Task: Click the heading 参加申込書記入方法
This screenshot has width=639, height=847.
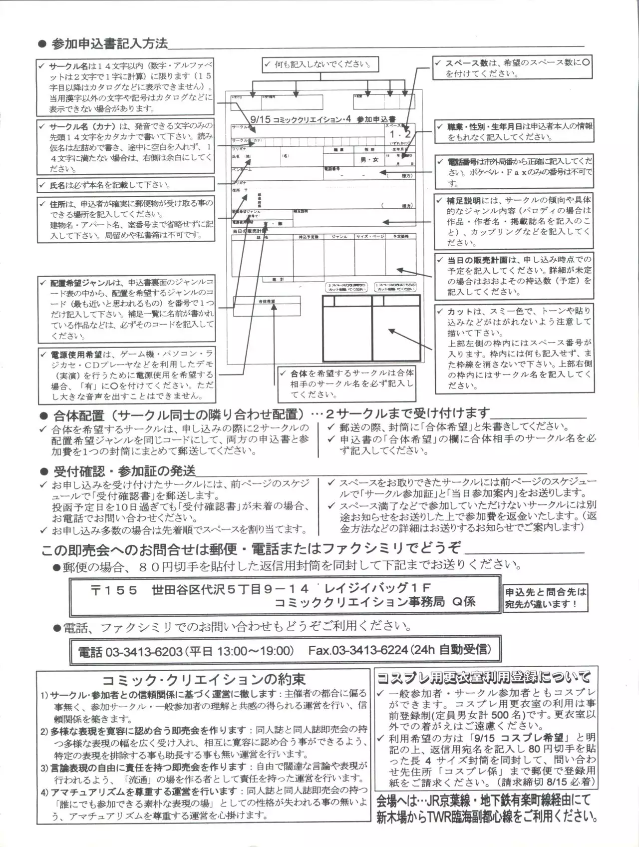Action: coord(109,44)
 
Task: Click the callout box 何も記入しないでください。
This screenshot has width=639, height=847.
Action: coord(319,64)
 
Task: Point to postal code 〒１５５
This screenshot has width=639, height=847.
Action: coord(114,590)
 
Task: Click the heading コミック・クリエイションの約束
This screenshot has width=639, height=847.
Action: coord(203,680)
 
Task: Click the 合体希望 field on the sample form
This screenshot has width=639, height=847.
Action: coord(267,302)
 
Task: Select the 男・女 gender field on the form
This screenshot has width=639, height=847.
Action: coord(369,160)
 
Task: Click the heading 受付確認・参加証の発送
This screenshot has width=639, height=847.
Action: coord(124,471)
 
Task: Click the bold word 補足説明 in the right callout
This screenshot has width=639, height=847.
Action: coord(464,200)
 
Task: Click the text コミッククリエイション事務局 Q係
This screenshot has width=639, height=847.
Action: coord(374,602)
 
